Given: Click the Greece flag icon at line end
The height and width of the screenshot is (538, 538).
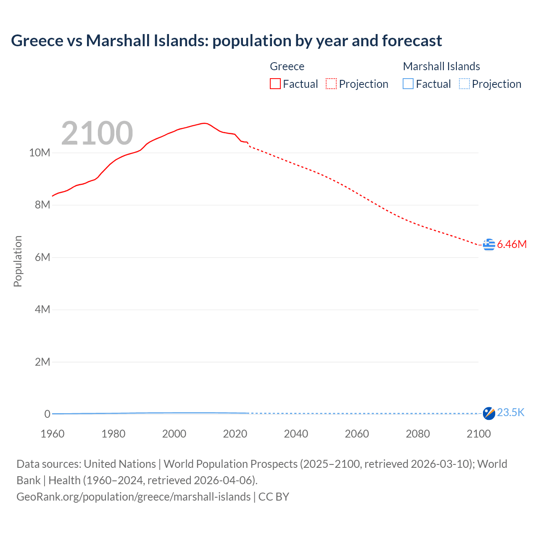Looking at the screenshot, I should tap(489, 244).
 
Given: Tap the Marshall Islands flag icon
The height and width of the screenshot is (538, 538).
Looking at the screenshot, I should tap(489, 413).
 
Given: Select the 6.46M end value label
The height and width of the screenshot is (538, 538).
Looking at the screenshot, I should tap(512, 244).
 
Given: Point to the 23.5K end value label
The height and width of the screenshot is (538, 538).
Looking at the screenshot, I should tap(511, 412).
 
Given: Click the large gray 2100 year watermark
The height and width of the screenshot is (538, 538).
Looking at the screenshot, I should tap(97, 133).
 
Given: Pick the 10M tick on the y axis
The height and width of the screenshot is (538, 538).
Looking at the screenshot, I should tap(40, 153).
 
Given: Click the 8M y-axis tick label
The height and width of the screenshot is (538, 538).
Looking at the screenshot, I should tap(42, 205).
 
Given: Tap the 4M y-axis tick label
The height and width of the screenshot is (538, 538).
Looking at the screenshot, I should tap(42, 310).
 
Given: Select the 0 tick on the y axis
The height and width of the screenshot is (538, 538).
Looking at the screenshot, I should tap(47, 414).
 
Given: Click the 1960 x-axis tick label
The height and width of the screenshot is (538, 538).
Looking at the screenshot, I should tap(53, 434).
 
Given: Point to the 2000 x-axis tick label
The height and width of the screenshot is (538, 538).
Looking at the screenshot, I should tap(174, 434).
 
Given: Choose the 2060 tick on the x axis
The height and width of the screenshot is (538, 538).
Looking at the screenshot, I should tap(357, 434).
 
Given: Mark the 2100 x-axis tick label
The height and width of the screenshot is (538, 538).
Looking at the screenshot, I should tap(478, 434).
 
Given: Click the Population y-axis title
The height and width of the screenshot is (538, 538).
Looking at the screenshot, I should tap(18, 261).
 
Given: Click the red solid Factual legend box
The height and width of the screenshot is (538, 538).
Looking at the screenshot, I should tap(275, 84).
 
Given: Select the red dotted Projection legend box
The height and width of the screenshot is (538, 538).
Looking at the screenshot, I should tap(331, 84).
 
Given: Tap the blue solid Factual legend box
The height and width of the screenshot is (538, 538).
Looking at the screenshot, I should tap(408, 84).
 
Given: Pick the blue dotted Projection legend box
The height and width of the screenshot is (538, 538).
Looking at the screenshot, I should tap(464, 84).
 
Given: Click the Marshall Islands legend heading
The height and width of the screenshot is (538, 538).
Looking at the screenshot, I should tap(441, 66).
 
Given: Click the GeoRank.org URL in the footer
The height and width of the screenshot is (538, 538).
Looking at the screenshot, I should tap(133, 497).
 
